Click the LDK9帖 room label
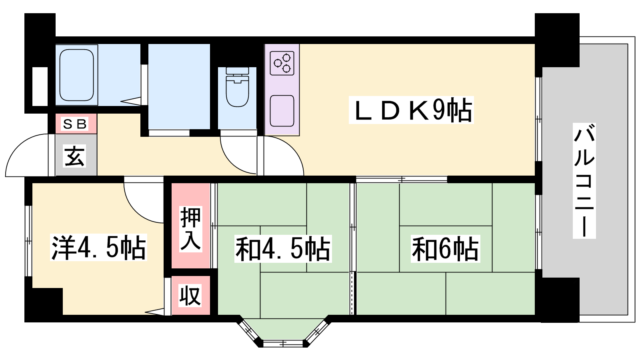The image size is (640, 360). point(411,110)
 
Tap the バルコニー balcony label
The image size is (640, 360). point(584,180)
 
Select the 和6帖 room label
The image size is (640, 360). point(445,249)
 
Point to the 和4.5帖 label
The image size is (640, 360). point(283,249)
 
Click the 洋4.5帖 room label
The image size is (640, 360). point(98,248)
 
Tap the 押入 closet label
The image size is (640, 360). point(190,228)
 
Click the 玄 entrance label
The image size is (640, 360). point(75,156)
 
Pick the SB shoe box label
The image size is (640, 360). point(75,124)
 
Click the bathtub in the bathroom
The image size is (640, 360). point(77,75)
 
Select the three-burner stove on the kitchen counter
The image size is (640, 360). point(282,63)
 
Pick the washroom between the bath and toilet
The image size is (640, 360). point(179,86)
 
